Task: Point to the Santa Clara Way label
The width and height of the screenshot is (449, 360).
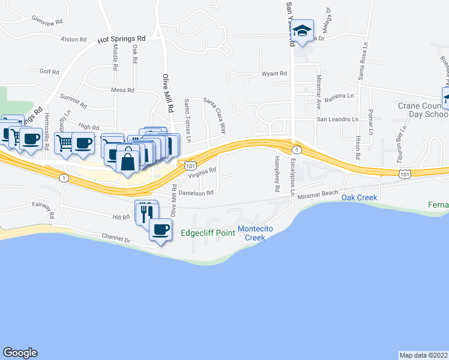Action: pyautogui.click(x=214, y=115)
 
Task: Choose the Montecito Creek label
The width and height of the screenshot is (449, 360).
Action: pyautogui.click(x=259, y=233)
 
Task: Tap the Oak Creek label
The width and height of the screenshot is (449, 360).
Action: pyautogui.click(x=359, y=197)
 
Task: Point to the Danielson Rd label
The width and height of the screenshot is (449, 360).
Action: pyautogui.click(x=196, y=193)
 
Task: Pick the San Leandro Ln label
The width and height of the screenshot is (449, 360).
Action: pyautogui.click(x=337, y=119)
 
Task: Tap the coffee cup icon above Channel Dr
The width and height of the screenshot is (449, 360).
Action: pyautogui.click(x=160, y=230)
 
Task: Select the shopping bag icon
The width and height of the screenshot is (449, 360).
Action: pyautogui.click(x=128, y=161)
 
